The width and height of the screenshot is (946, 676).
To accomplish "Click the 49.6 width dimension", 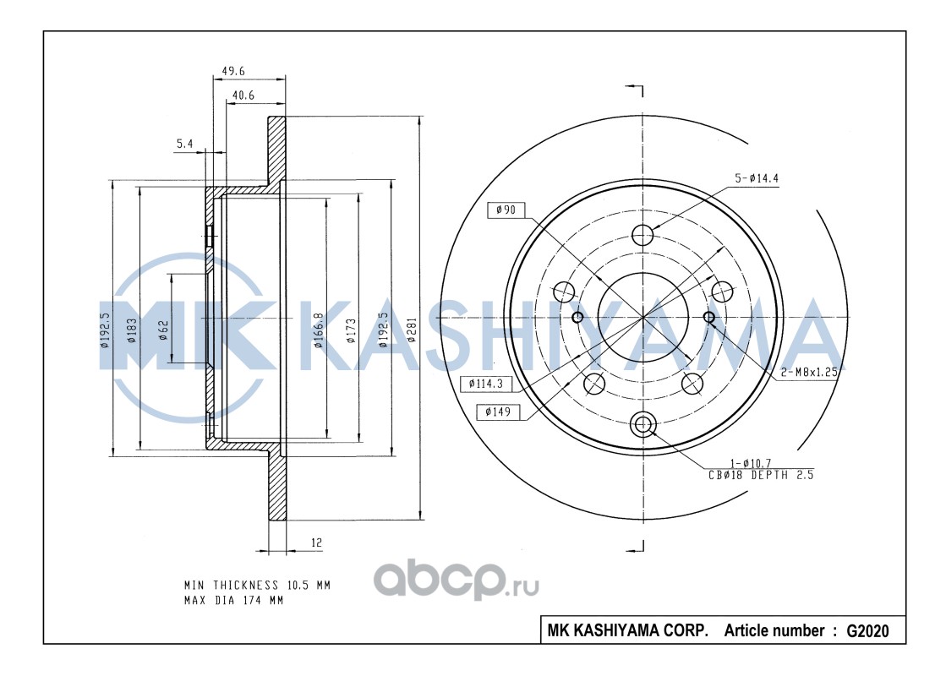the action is point(233,70).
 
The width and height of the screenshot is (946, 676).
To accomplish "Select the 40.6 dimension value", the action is point(243,95).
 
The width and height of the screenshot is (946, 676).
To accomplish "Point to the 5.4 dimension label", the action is point(184,144).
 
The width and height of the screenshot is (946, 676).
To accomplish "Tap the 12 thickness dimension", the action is point(317,542).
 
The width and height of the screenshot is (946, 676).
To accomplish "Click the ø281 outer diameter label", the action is point(412,330).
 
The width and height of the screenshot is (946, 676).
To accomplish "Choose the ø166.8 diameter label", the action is point(320,330).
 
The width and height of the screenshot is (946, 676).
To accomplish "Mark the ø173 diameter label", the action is point(351,330).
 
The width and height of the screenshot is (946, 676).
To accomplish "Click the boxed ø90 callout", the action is point(506,210).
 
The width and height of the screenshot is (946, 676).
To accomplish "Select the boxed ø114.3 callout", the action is point(485,384).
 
